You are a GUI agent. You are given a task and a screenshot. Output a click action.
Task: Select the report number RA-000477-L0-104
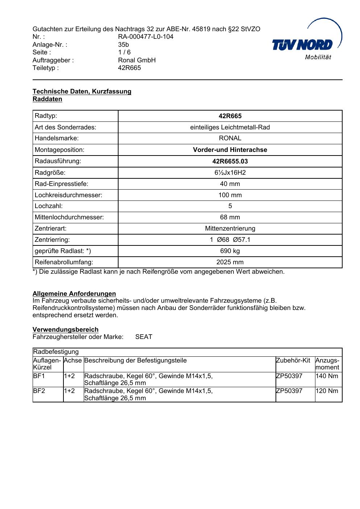(x=146, y=37)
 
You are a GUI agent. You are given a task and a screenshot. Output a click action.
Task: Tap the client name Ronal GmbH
(x=137, y=60)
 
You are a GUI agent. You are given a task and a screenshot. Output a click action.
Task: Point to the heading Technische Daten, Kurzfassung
(x=82, y=91)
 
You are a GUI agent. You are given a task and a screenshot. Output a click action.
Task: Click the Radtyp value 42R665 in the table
(x=230, y=116)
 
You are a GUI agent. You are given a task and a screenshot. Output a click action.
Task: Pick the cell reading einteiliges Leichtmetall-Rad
(x=230, y=127)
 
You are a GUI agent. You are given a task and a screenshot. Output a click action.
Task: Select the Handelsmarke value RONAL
(x=230, y=138)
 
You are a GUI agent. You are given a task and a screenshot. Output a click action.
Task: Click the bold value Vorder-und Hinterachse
(x=230, y=150)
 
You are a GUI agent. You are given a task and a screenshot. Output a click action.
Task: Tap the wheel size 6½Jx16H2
(x=230, y=173)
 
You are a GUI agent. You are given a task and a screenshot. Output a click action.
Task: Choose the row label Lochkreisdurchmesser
(x=69, y=195)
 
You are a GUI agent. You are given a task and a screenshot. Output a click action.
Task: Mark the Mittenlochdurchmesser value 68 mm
(x=230, y=217)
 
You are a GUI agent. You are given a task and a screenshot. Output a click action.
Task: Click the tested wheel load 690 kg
(x=230, y=251)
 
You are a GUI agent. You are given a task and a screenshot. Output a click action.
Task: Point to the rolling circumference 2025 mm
(x=230, y=262)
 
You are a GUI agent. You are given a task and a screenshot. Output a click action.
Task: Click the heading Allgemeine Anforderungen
(x=74, y=294)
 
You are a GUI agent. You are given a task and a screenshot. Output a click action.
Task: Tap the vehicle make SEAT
(x=144, y=337)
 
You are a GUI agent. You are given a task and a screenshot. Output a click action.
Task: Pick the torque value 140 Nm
(x=327, y=376)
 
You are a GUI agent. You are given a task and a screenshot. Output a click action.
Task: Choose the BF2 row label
(x=39, y=391)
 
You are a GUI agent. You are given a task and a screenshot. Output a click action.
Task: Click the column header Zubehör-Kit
(x=293, y=360)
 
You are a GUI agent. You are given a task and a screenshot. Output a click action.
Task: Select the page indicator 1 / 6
(x=124, y=52)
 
